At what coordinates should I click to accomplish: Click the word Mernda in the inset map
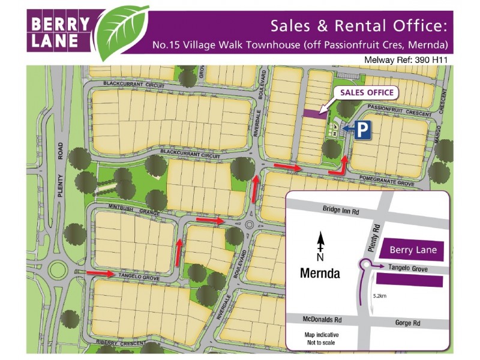pyautogui.click(x=320, y=274)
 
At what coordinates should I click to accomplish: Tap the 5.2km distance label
pyautogui.click(x=379, y=296)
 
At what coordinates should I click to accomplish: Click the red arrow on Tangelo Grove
pyautogui.click(x=101, y=274)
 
